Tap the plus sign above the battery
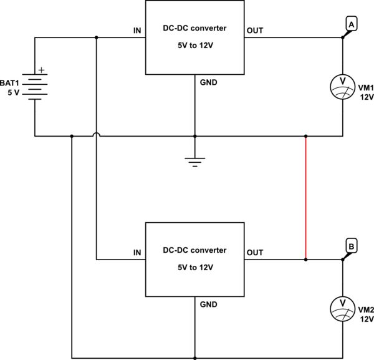(42, 70)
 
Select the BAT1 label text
(12, 82)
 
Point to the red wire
(305, 197)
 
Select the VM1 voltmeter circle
(342, 86)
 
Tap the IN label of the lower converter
(137, 253)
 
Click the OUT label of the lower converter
(255, 253)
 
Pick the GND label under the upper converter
(208, 82)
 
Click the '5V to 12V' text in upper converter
(194, 46)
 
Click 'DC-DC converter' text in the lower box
(194, 251)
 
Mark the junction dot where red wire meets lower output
(305, 258)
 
